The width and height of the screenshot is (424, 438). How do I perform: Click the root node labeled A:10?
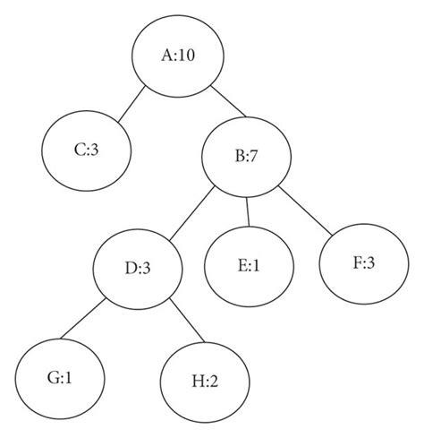[x=178, y=56]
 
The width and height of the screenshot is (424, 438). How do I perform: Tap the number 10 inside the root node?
[x=186, y=56]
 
